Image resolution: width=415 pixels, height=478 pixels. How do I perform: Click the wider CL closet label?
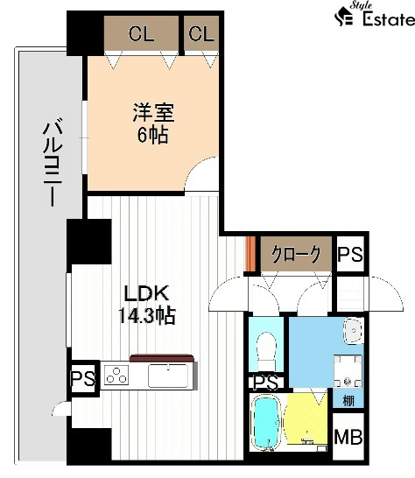(141, 33)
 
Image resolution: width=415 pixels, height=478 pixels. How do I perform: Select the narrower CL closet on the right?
(201, 33)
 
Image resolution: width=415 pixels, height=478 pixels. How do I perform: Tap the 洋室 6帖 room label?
(153, 123)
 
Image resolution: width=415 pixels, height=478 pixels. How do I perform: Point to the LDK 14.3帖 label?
(147, 304)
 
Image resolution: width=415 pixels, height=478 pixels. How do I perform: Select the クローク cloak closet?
(296, 254)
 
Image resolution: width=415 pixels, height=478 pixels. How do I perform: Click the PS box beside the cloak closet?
(350, 254)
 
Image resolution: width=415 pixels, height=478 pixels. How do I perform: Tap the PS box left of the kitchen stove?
(83, 378)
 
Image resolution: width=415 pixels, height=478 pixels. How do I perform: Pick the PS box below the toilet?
(266, 383)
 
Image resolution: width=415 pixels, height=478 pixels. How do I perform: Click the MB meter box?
(348, 437)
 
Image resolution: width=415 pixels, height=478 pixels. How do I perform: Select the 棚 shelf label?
(348, 401)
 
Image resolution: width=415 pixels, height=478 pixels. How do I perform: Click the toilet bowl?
(266, 351)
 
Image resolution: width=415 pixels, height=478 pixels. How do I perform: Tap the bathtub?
(266, 422)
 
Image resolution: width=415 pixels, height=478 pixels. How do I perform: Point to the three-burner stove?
(116, 375)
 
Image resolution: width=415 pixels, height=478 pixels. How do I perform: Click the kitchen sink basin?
(168, 376)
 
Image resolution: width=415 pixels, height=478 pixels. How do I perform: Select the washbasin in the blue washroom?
(353, 331)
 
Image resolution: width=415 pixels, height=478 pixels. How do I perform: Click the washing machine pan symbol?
(348, 371)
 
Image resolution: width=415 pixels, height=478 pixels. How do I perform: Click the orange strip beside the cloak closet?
(250, 254)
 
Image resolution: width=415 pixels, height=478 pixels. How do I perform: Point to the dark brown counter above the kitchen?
(162, 358)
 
